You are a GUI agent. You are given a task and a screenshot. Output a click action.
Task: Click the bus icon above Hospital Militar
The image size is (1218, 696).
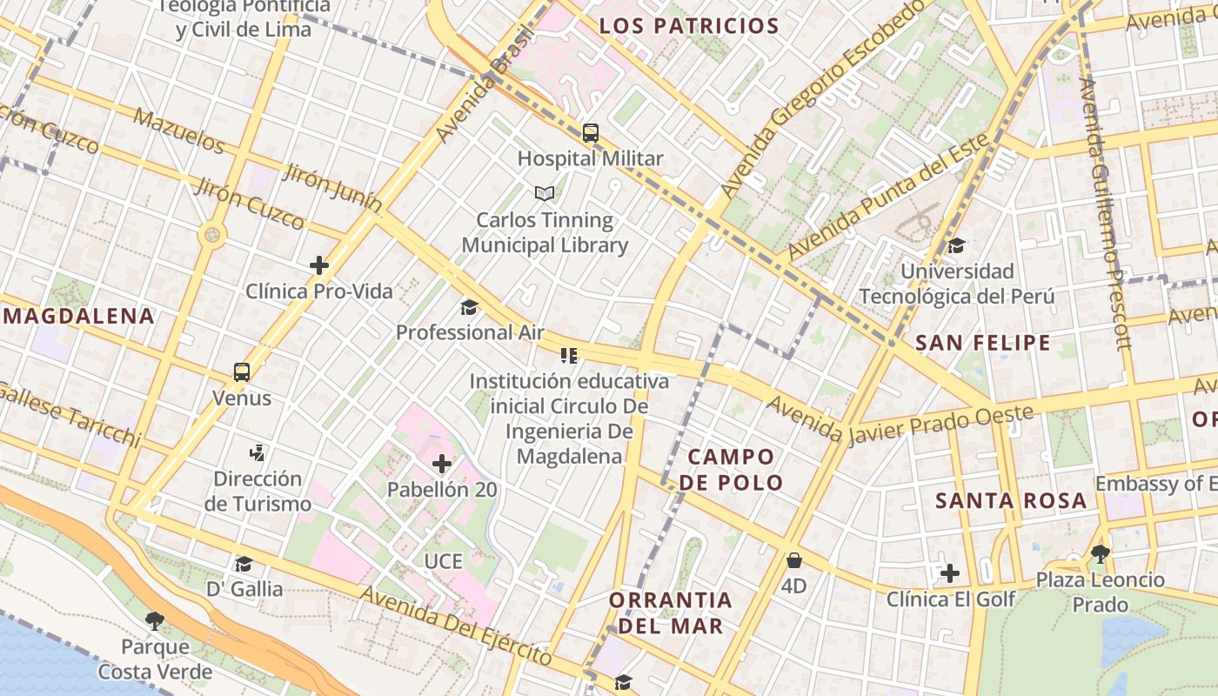tap(591, 133)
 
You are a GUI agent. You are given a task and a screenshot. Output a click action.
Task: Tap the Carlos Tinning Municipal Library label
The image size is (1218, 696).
tap(545, 232)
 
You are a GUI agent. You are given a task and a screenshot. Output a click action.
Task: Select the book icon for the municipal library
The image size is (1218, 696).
tap(545, 193)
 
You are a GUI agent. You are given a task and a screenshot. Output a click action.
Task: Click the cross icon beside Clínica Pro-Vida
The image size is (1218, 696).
tap(319, 265)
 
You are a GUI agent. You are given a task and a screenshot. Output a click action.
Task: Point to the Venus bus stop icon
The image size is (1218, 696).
tap(242, 372)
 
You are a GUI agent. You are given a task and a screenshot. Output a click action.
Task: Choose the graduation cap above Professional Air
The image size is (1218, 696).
tap(470, 307)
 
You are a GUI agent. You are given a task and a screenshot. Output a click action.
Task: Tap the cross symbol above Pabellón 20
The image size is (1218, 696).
tap(442, 464)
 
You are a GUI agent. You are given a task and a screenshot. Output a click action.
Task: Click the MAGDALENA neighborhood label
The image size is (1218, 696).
tap(79, 316)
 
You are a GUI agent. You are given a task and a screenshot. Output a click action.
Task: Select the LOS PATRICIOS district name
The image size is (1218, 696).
tap(688, 25)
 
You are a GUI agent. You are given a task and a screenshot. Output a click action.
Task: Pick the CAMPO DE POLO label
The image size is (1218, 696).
tap(731, 469)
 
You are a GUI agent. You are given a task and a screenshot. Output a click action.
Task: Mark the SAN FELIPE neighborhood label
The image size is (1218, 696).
tap(983, 343)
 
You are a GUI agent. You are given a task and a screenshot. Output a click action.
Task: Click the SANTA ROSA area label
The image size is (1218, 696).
tap(1011, 500)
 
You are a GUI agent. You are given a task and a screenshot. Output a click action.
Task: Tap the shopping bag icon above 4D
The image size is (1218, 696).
tap(793, 560)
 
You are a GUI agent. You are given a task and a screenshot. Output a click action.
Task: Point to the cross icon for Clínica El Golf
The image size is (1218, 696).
tap(950, 573)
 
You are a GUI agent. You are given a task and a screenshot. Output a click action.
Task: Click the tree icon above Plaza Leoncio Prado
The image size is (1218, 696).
tap(1100, 553)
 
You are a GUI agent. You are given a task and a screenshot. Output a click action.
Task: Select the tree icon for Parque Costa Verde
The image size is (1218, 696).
tap(155, 620)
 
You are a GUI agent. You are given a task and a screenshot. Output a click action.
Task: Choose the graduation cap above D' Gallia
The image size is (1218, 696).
tap(244, 564)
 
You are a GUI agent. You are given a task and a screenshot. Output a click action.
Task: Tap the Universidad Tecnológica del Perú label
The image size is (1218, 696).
tap(957, 284)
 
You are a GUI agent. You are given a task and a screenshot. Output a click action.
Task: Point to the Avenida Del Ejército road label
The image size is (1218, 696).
tap(456, 626)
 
